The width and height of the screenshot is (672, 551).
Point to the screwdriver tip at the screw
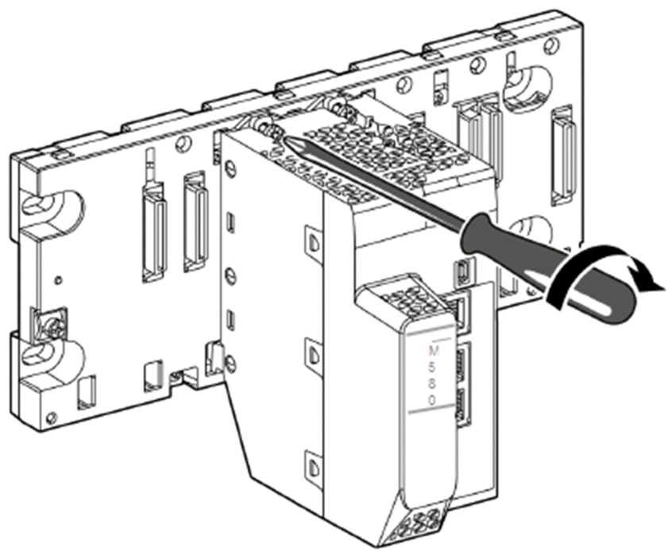tap(284, 138)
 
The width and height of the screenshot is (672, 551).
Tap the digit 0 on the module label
tap(432, 400)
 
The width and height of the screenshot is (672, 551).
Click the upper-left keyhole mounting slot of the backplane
tap(52, 206)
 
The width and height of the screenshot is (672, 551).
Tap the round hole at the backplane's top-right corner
tap(554, 44)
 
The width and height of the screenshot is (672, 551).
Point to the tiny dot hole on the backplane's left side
tap(58, 280)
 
